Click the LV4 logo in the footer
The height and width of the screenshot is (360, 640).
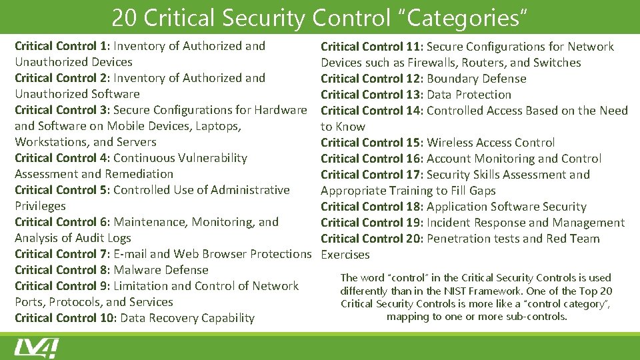(36, 348)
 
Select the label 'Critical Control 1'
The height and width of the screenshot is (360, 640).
(61, 46)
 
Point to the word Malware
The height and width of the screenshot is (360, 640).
(136, 270)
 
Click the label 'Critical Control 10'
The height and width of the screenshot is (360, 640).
(65, 318)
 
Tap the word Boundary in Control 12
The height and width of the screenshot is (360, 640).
(450, 79)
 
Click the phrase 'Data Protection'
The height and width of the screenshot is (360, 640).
(469, 95)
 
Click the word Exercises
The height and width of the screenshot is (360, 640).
(345, 255)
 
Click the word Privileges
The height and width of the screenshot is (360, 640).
(40, 206)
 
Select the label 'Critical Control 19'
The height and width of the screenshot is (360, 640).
(371, 223)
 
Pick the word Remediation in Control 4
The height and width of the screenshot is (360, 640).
(139, 174)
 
